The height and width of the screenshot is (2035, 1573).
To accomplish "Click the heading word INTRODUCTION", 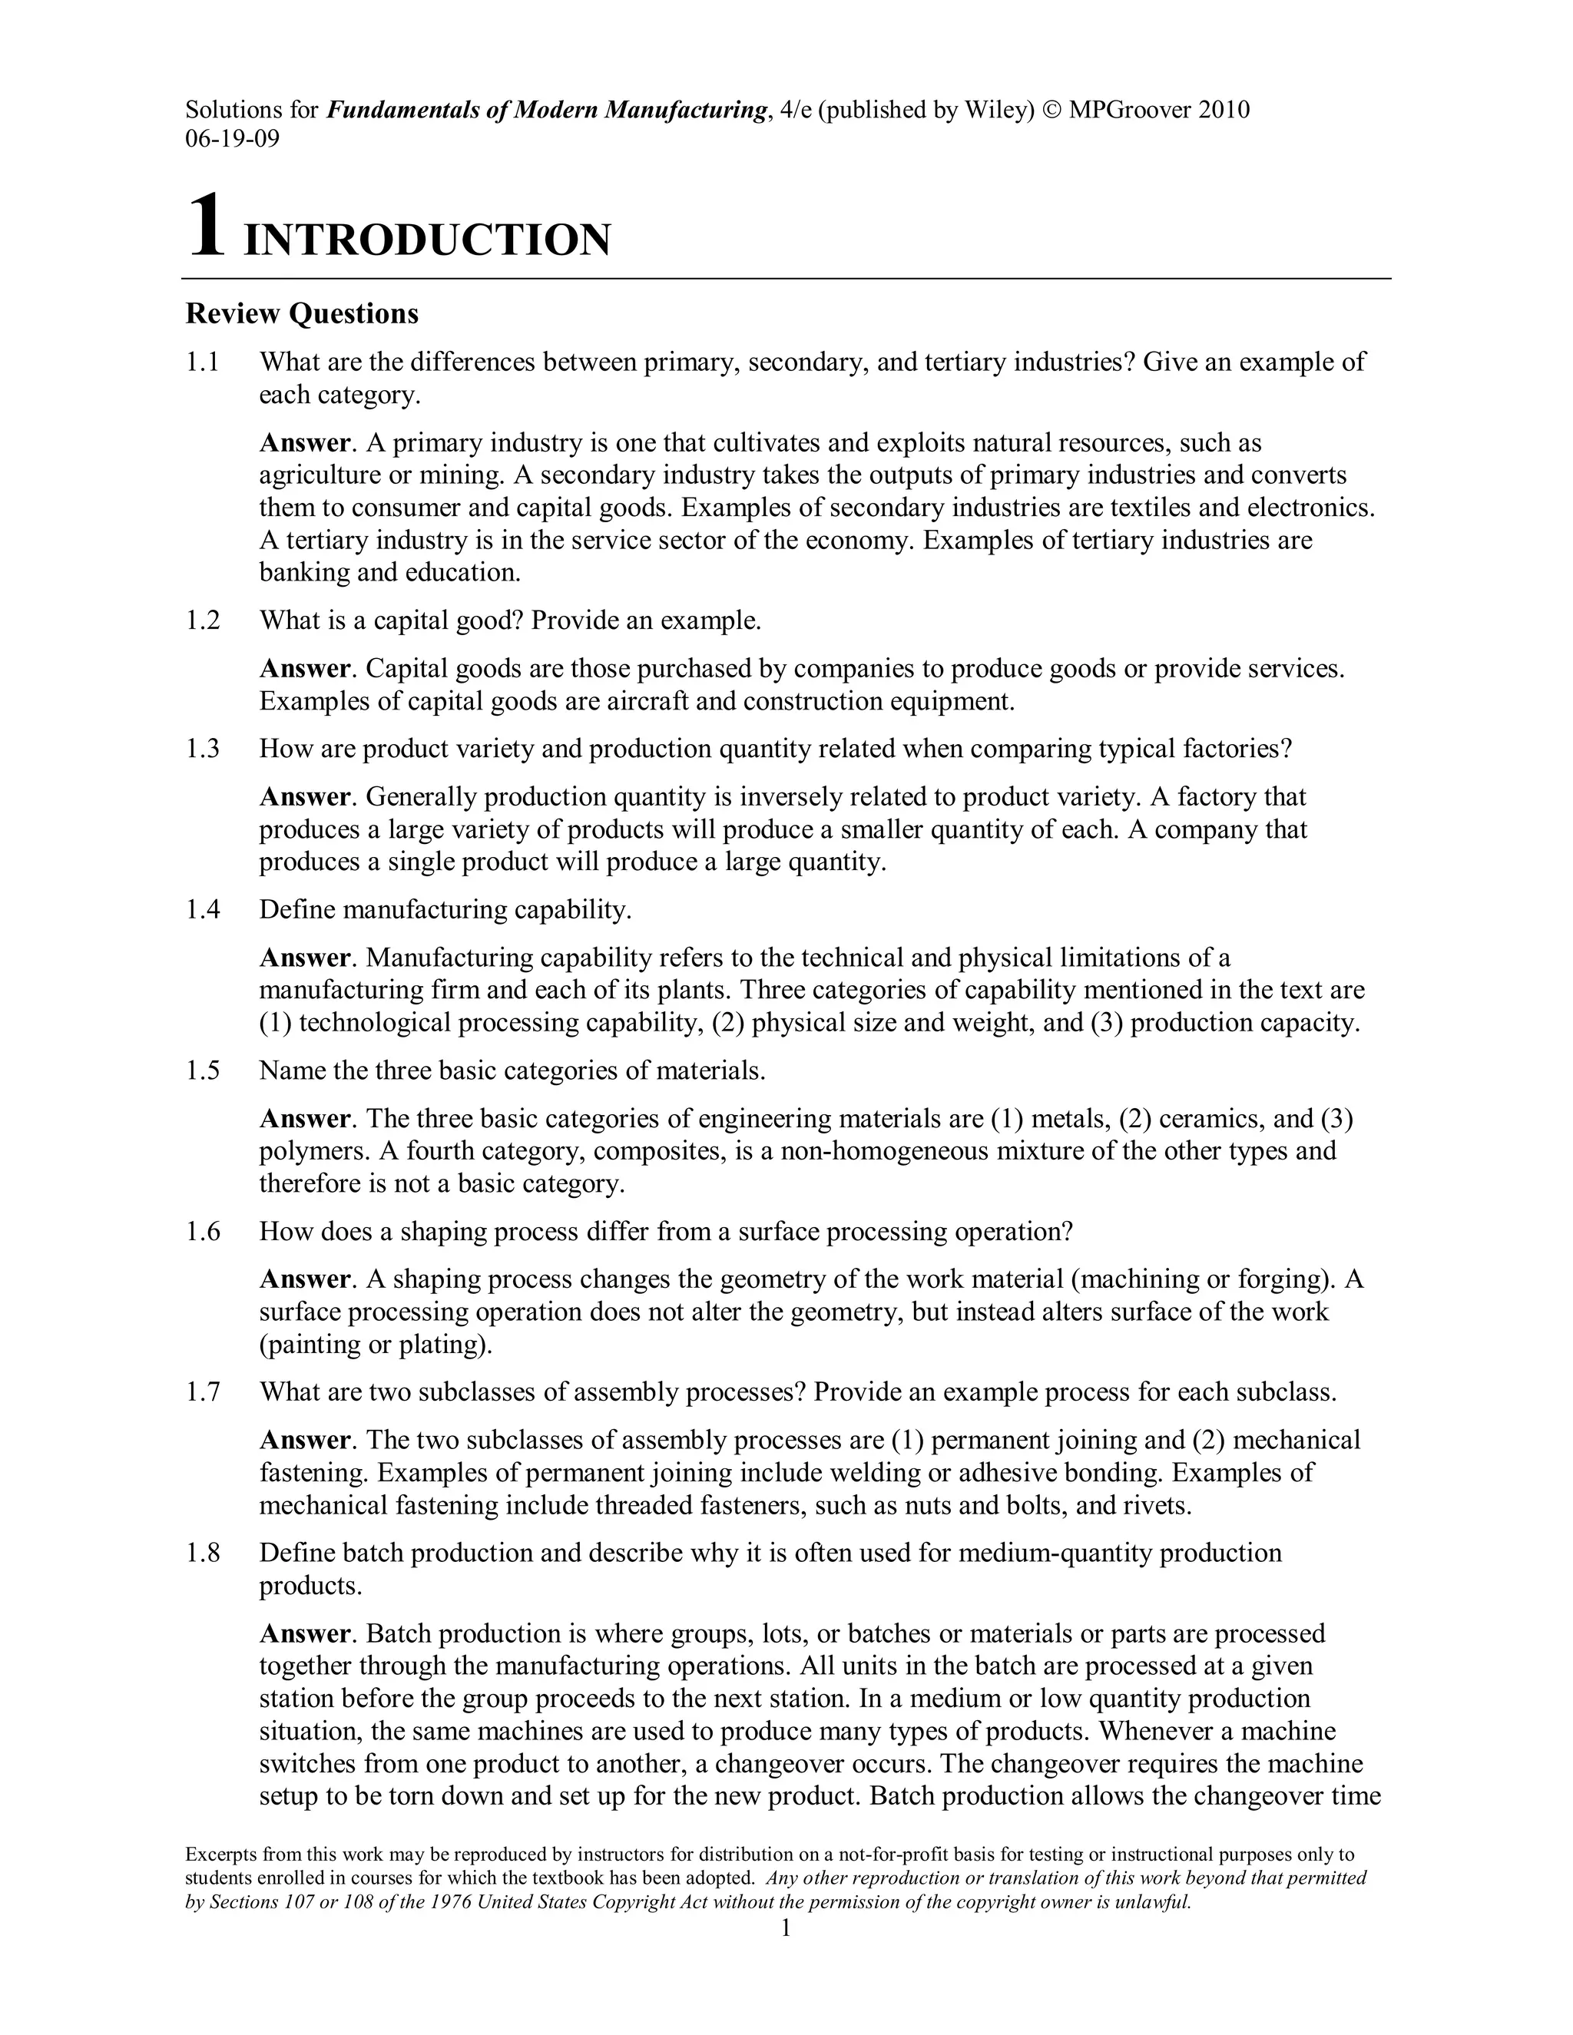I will [427, 240].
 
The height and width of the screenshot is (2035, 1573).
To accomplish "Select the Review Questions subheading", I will [302, 314].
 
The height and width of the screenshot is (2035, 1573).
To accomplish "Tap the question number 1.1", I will [202, 362].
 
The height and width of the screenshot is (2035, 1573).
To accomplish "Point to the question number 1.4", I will [202, 909].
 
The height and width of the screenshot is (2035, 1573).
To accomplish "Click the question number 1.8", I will [202, 1554].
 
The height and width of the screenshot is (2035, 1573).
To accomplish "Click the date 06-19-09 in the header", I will [232, 139].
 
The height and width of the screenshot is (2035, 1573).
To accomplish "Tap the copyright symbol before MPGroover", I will [1052, 110].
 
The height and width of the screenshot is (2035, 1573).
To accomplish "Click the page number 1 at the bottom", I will [786, 1927].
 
